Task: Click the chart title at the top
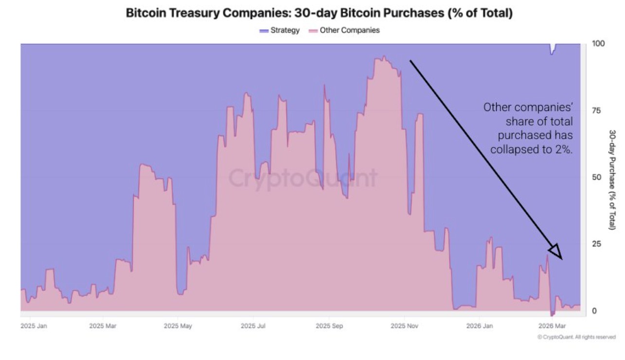pyautogui.click(x=319, y=13)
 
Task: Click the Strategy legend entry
pyautogui.click(x=280, y=30)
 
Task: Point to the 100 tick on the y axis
pyautogui.click(x=598, y=44)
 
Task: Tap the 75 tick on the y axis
pyautogui.click(x=596, y=110)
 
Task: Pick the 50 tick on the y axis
pyautogui.click(x=596, y=177)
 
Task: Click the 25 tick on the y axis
pyautogui.click(x=596, y=244)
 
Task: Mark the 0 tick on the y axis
pyautogui.click(x=594, y=311)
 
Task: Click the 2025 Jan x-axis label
pyautogui.click(x=34, y=325)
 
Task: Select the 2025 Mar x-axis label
pyautogui.click(x=103, y=325)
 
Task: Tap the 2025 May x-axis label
pyautogui.click(x=178, y=325)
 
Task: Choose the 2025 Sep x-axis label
pyautogui.click(x=329, y=325)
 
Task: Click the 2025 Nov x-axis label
pyautogui.click(x=405, y=325)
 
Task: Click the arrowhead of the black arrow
pyautogui.click(x=556, y=252)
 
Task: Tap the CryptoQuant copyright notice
pyautogui.click(x=576, y=337)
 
